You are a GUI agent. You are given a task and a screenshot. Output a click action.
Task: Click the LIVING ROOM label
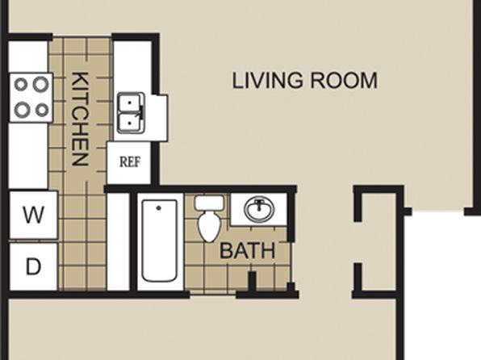(304, 81)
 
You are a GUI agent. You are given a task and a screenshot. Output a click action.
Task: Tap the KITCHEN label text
(81, 119)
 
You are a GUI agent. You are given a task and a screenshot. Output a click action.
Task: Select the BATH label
(247, 251)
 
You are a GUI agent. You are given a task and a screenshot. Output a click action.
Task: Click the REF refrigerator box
(129, 163)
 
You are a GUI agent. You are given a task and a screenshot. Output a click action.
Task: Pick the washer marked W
(33, 215)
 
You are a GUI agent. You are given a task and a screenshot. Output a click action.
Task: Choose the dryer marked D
(33, 266)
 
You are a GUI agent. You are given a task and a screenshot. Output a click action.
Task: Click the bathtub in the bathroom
(160, 241)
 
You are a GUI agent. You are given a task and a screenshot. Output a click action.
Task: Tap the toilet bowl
(209, 226)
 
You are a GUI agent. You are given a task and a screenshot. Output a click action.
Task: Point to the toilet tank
(209, 203)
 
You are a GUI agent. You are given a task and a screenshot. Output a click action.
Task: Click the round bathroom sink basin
(259, 210)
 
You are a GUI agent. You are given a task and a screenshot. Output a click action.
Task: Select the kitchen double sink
(131, 113)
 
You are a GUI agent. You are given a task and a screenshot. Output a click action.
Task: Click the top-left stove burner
(20, 84)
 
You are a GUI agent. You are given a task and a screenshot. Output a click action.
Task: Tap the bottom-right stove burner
(42, 110)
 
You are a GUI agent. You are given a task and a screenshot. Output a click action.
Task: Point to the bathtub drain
(159, 208)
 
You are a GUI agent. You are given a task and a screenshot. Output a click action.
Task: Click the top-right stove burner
(41, 84)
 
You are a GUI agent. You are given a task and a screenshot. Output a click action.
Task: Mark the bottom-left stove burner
(22, 110)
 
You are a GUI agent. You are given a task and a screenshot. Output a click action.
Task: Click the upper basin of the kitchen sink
(130, 103)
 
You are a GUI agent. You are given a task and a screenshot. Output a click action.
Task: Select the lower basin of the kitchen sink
(130, 123)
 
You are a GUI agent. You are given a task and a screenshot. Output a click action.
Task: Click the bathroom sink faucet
(260, 203)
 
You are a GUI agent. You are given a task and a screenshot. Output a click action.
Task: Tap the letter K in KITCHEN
(81, 79)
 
